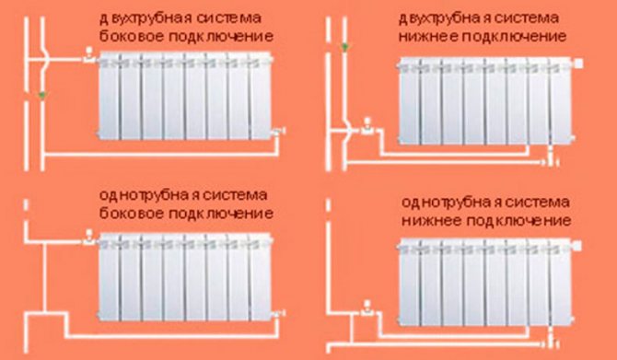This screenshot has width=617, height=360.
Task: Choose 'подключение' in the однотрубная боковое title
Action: (221, 214)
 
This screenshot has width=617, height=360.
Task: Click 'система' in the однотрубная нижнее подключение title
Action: (537, 203)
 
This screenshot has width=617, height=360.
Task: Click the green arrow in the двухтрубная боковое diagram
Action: (42, 95)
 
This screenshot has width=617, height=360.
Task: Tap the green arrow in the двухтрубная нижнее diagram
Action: (345, 48)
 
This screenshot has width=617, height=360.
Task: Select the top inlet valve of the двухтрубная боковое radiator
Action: (89, 56)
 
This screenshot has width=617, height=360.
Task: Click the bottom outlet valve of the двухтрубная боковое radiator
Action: (279, 132)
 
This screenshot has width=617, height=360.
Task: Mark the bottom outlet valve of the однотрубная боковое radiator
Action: (279, 314)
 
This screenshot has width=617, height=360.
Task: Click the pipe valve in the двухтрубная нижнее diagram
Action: (367, 127)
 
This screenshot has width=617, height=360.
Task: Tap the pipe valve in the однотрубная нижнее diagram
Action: (367, 308)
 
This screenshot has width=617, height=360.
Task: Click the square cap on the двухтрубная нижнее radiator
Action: (578, 64)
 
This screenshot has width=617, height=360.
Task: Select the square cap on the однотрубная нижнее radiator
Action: (576, 246)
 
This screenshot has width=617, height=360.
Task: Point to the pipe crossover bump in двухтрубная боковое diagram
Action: (46, 60)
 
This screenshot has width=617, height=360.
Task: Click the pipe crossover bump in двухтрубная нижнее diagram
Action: (349, 131)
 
